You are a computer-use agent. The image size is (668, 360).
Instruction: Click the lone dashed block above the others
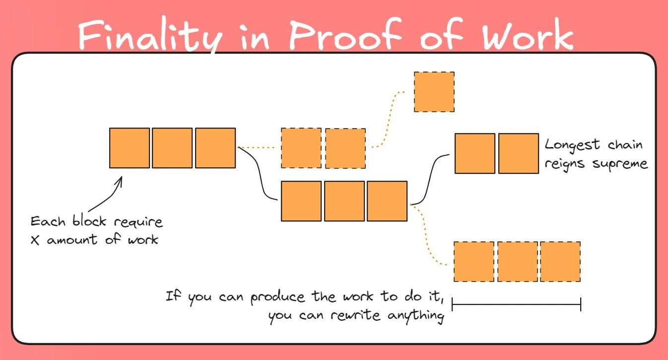click(434, 92)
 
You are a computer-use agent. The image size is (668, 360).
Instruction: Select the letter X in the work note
click(34, 240)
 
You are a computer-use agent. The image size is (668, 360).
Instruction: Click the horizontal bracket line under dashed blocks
click(516, 304)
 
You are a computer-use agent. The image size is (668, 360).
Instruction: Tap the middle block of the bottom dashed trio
click(518, 262)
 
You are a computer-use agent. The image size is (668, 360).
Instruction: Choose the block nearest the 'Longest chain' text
click(519, 153)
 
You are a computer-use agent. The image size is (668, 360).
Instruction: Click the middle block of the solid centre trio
click(344, 201)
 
